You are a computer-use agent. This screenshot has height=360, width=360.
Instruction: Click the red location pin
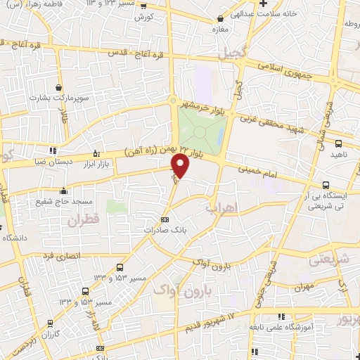tap(181, 166)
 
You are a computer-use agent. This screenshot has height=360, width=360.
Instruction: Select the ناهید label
tap(340, 154)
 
